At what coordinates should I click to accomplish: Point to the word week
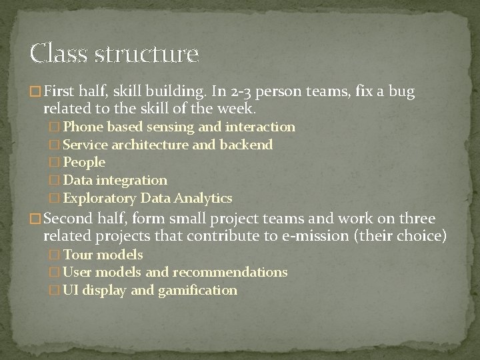(239, 107)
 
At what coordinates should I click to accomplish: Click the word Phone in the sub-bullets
(82, 127)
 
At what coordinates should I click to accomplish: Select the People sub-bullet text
(84, 162)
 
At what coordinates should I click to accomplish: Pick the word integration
(131, 180)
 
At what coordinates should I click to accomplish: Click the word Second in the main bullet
(71, 219)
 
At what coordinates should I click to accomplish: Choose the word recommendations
(230, 272)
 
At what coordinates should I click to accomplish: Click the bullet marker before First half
(36, 92)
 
